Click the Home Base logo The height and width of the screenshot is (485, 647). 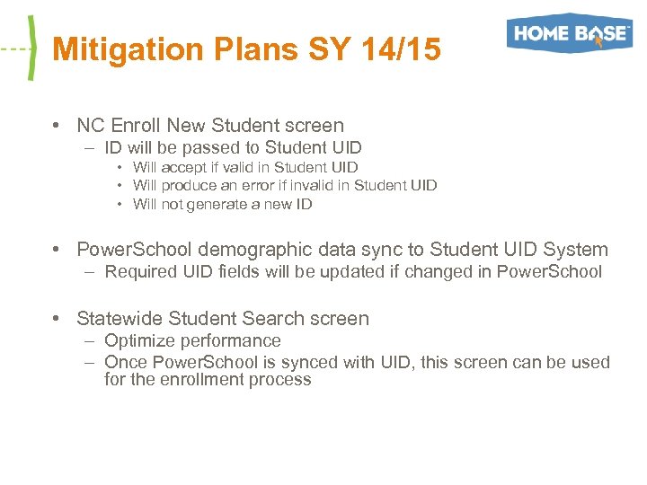click(569, 33)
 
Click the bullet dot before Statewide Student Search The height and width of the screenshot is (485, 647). click(57, 319)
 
